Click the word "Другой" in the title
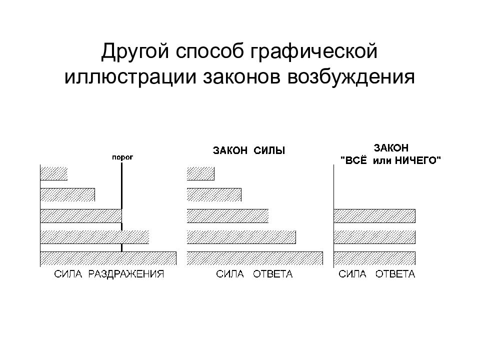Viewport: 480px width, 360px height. click(134, 51)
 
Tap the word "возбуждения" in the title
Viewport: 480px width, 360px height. click(351, 77)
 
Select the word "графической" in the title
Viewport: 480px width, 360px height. click(314, 51)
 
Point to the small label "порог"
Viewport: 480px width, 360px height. click(122, 157)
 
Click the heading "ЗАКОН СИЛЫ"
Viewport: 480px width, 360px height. click(249, 150)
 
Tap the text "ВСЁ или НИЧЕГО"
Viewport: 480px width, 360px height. click(390, 160)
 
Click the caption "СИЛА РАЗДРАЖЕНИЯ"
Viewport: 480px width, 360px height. click(109, 274)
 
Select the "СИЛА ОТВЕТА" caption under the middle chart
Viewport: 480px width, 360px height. click(254, 274)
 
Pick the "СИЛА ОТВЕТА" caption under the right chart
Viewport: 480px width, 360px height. click(377, 274)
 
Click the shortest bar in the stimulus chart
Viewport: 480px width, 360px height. click(54, 173)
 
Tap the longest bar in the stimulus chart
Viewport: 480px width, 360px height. click(108, 258)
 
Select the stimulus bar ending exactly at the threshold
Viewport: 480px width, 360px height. click(81, 216)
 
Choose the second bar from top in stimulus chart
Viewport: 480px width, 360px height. click(67, 194)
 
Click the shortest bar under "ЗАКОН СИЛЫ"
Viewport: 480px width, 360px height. click(201, 173)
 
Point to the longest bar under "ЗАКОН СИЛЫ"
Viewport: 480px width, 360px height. click(255, 258)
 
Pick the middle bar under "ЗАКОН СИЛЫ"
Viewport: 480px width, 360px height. click(228, 216)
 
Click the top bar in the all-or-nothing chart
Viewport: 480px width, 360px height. click(374, 216)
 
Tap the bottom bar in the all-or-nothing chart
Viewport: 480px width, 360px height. click(374, 258)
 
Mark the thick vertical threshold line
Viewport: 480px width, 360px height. click(122, 207)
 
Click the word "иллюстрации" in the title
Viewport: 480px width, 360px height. click(130, 77)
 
